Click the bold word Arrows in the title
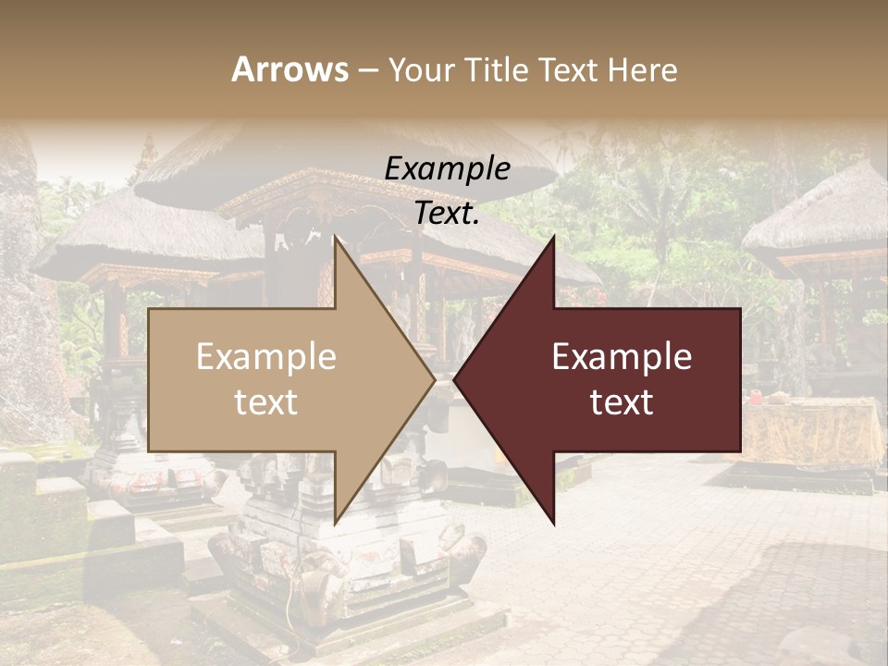coord(290,69)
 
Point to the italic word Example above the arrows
coord(448,169)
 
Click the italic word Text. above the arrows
coord(448,214)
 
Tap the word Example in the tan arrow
coord(266,357)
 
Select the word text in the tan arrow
coord(266,402)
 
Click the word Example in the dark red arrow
coord(622,357)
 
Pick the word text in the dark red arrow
coord(622,402)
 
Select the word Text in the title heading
coord(570,69)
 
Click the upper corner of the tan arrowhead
coord(336,239)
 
